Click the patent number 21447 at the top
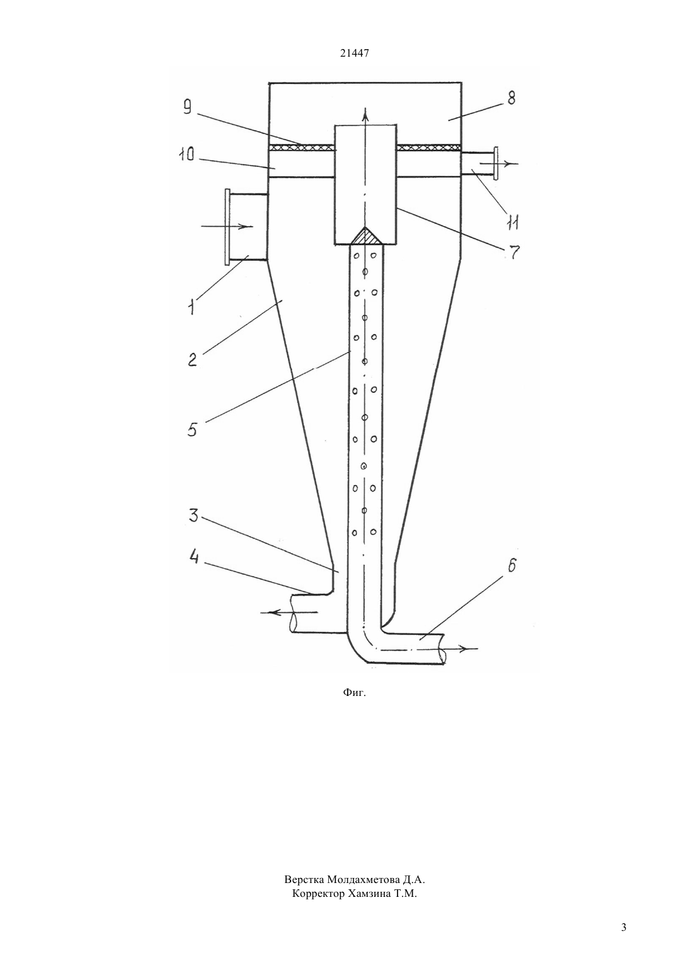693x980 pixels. (354, 54)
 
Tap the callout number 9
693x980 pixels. (188, 107)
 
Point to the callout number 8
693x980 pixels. (510, 98)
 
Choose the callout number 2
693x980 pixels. (192, 360)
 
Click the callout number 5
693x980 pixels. (192, 428)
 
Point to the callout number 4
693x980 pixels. (194, 558)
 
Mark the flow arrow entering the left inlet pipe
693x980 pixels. (227, 226)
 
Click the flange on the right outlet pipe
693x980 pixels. (496, 163)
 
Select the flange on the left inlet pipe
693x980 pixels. (227, 227)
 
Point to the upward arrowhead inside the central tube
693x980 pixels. (366, 115)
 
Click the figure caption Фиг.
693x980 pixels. (354, 693)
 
